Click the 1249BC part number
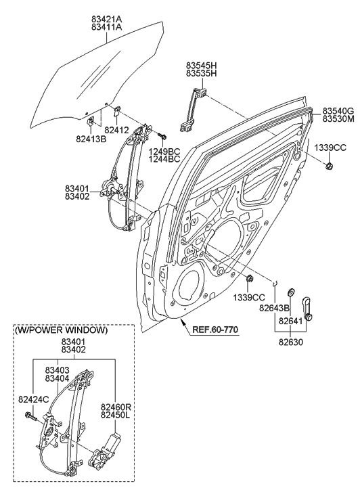pos(164,151)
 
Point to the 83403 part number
pos(61,370)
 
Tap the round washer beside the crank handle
pos(290,292)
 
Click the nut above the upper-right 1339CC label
pos(329,165)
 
